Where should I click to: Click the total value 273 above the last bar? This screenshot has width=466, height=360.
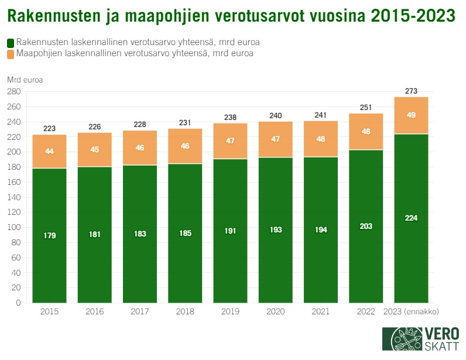click(x=411, y=91)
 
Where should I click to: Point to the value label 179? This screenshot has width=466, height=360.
click(x=49, y=235)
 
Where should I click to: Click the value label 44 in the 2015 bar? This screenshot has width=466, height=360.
click(x=49, y=151)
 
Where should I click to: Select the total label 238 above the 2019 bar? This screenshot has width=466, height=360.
click(x=230, y=117)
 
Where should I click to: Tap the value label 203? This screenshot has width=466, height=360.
click(x=366, y=227)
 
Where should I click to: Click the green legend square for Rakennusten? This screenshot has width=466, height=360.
click(x=11, y=43)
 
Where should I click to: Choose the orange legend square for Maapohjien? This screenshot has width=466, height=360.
click(x=11, y=54)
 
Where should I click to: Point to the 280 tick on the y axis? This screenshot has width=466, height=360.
click(x=13, y=92)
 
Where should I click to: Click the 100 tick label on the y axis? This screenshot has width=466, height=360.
click(x=13, y=227)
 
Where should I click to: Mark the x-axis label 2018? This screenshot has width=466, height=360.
click(x=185, y=311)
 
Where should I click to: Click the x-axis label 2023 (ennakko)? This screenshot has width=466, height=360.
click(x=411, y=311)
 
